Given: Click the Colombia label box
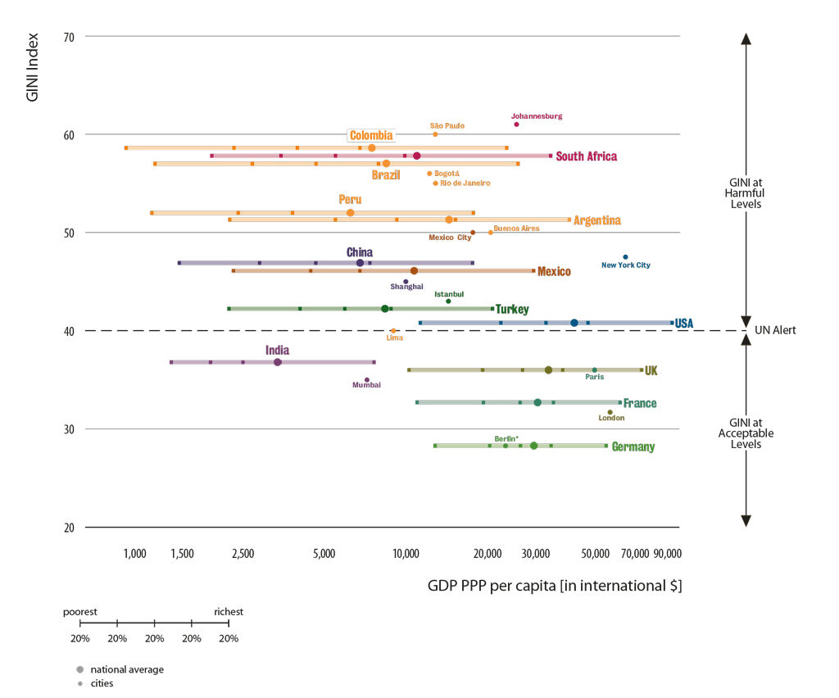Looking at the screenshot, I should click(x=371, y=136).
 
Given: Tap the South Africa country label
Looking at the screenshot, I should click(x=587, y=156).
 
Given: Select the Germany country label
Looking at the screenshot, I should click(x=633, y=447).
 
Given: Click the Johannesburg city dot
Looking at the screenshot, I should click(x=516, y=125).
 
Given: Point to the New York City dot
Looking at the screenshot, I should click(x=626, y=257).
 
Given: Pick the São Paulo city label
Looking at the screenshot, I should click(x=447, y=125).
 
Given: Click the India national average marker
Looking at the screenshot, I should click(x=278, y=362).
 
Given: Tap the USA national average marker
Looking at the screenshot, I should click(x=574, y=324).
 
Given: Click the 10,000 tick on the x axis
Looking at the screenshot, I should click(x=405, y=554).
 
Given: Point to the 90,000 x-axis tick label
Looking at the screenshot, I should click(x=666, y=554).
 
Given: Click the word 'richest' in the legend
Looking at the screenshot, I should click(x=229, y=612).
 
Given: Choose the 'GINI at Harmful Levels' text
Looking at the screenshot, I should click(x=746, y=193).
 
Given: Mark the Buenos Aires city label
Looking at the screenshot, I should click(x=516, y=229).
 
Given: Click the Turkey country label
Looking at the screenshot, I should click(x=511, y=310).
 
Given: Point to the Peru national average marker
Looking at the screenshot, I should click(x=351, y=213).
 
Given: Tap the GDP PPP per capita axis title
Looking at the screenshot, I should click(x=554, y=586).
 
